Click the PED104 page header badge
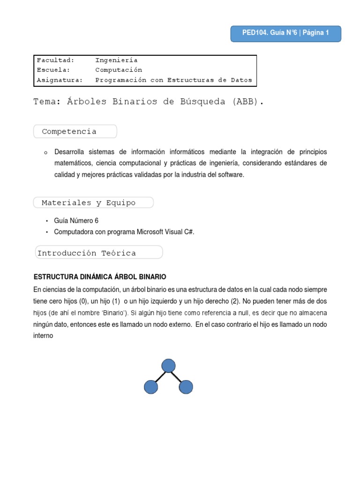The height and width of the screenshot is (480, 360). (285, 33)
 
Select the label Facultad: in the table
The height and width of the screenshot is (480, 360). (55, 60)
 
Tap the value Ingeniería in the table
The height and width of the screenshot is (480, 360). (116, 60)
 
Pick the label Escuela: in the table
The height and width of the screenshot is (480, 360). (53, 70)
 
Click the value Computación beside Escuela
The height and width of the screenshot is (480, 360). (119, 70)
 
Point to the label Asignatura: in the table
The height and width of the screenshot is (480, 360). (60, 80)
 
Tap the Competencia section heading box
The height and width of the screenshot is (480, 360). (75, 132)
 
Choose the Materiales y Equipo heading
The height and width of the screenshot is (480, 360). (93, 203)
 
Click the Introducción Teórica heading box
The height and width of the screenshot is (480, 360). (99, 253)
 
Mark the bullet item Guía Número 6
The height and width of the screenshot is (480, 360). (76, 220)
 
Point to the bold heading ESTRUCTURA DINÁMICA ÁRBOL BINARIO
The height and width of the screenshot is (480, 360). (100, 277)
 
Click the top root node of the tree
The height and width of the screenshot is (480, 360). (168, 366)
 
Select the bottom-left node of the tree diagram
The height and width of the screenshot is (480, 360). (151, 387)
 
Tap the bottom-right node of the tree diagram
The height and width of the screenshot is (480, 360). (186, 387)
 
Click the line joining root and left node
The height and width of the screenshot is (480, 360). (159, 376)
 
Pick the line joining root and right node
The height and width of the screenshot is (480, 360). (177, 376)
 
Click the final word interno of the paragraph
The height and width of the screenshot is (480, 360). (44, 336)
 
